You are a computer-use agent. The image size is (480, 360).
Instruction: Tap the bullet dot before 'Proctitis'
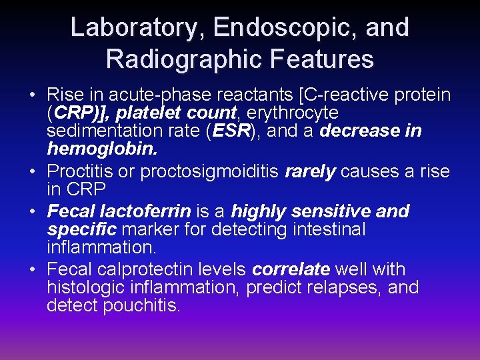(33, 172)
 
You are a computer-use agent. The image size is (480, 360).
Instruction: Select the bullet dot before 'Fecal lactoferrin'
(33, 213)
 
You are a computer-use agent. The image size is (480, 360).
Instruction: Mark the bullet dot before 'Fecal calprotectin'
(33, 270)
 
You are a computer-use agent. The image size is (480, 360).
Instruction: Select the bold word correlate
(291, 270)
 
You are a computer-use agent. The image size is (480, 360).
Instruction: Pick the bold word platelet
(148, 113)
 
